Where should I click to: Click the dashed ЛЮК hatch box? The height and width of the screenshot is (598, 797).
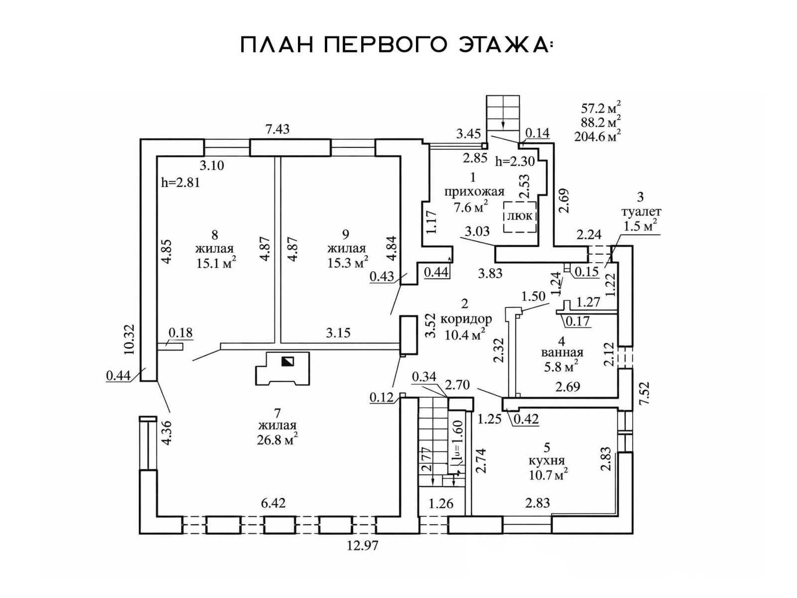(x=520, y=217)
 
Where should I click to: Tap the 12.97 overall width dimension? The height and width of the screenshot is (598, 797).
(x=363, y=546)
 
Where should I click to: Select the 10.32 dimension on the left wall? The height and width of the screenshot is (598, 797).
(x=130, y=339)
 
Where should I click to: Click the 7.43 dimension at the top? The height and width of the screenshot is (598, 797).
(x=277, y=129)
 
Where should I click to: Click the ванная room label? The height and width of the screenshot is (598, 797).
(x=561, y=352)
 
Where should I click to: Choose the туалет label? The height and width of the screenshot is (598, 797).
(x=641, y=211)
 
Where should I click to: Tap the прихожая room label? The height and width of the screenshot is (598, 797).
(x=474, y=192)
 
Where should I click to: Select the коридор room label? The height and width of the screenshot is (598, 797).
(x=466, y=319)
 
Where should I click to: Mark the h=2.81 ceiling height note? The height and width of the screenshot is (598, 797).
(x=180, y=182)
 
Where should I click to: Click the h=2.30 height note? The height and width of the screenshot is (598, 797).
(x=515, y=161)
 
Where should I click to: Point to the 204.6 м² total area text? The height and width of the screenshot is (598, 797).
(x=597, y=136)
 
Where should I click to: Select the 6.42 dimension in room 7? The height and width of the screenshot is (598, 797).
(x=273, y=503)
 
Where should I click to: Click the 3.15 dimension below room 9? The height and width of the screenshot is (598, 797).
(x=338, y=333)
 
